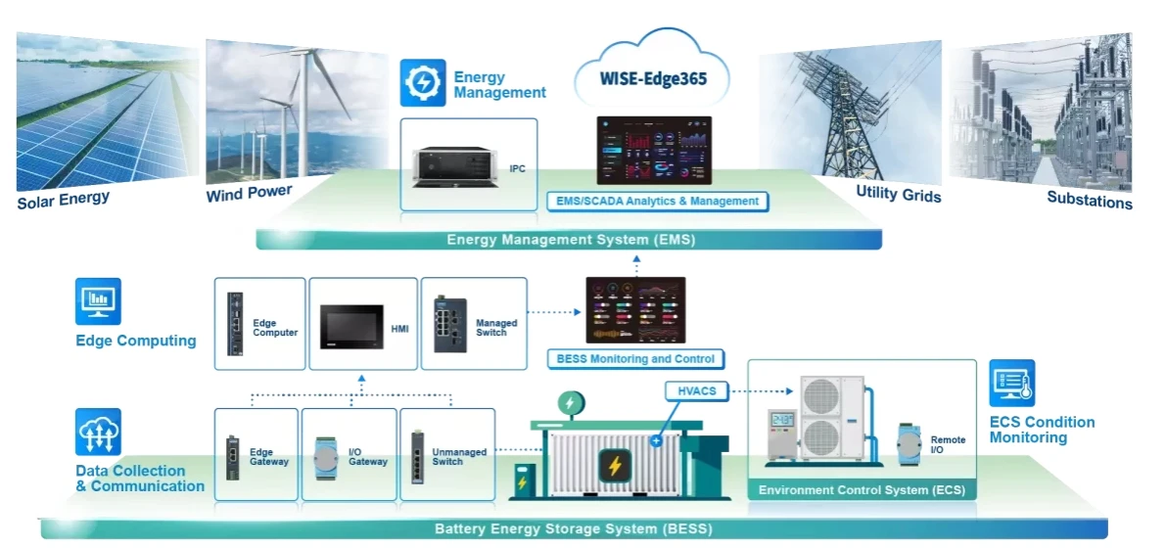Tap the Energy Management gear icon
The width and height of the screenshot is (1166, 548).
[x=423, y=82]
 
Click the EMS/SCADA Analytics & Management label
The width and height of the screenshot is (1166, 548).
[x=657, y=202]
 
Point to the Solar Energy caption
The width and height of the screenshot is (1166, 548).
[x=63, y=200]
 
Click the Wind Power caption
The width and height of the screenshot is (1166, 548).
[x=249, y=193]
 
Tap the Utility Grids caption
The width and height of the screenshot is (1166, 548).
[x=898, y=194]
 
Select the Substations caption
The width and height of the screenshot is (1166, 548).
[x=1089, y=201]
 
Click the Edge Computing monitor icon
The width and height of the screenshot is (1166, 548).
[x=98, y=301]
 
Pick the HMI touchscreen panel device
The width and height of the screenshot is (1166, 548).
[x=350, y=327]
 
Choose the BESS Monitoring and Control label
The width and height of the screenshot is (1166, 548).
[x=635, y=359]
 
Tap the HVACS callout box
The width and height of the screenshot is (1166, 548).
[x=696, y=391]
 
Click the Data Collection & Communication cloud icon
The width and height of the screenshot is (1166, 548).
[x=98, y=432]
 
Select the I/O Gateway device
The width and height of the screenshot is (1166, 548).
[x=327, y=457]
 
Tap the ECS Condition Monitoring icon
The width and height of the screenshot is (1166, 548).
[x=1011, y=383]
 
